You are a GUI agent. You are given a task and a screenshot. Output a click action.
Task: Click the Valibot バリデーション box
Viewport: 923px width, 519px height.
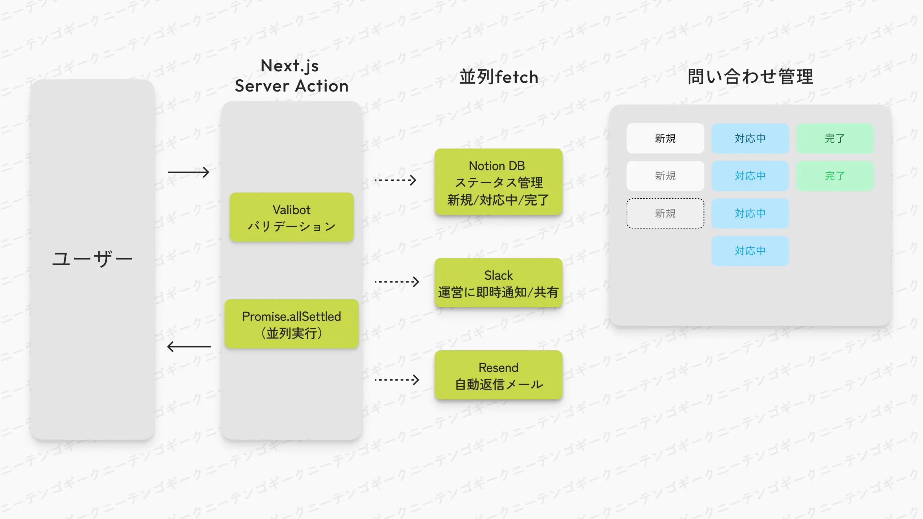point(292,217)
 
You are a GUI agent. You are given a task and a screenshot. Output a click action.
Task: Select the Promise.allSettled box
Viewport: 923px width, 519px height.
point(292,324)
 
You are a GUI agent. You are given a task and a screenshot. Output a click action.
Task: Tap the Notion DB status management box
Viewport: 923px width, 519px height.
point(498,182)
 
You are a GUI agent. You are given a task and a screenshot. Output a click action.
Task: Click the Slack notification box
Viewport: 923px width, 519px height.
point(498,283)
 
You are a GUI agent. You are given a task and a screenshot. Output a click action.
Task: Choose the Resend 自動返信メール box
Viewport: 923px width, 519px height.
point(498,375)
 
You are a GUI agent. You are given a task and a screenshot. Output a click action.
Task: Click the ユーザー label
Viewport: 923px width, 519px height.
point(93,259)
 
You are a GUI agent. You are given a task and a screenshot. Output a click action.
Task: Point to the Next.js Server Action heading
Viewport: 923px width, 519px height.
point(292,76)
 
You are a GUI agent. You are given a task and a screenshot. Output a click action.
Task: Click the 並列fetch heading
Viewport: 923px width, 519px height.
point(499,77)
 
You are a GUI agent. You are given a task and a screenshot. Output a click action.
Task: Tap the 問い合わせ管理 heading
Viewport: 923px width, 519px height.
point(750,77)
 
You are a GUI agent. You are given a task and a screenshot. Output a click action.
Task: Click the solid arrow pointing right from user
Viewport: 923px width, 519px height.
point(189,172)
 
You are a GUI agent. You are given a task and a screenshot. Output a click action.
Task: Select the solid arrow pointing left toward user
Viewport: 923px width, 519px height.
point(189,347)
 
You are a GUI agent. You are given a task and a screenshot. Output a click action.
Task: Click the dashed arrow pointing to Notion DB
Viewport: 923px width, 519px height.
point(396,180)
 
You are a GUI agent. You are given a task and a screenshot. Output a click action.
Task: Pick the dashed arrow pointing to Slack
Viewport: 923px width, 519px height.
point(397,281)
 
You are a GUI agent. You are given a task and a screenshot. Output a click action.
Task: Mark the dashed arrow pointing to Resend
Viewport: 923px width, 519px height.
point(397,380)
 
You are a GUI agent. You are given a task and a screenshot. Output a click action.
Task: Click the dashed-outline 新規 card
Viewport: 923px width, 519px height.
point(665,213)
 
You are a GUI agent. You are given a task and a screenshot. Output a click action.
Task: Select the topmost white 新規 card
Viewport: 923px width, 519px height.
point(665,138)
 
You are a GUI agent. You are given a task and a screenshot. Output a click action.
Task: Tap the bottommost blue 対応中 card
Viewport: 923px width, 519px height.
point(750,251)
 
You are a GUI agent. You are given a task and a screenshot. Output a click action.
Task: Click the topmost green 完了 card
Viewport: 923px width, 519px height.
point(835,138)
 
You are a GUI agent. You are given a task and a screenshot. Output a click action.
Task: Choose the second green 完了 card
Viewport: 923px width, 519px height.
point(835,176)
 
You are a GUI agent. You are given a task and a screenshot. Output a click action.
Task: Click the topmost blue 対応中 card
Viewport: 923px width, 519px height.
point(750,138)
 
